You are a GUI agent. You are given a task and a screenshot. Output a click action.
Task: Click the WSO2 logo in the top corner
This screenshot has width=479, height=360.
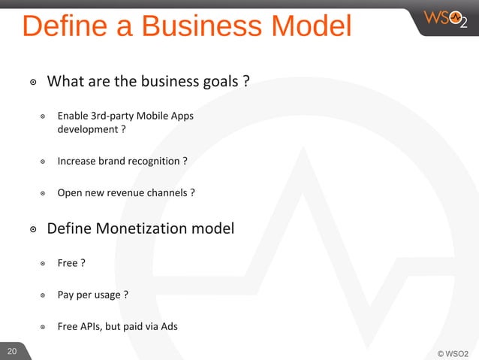[x=444, y=17]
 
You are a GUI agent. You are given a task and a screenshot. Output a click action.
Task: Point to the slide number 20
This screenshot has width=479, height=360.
[x=11, y=351]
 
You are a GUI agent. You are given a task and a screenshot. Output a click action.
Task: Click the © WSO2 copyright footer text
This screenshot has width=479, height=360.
[x=452, y=352]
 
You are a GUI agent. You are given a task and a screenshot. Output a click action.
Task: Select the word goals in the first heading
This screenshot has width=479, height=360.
[x=218, y=81]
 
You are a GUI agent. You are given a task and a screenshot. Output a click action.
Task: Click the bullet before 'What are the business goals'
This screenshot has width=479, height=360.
[x=33, y=82]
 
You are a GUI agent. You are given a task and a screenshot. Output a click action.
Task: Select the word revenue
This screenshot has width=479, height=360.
[x=125, y=192]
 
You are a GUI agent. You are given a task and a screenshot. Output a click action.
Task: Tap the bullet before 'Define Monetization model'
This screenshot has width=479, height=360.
[x=33, y=228]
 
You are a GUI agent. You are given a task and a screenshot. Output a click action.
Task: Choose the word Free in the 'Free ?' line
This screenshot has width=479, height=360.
[x=68, y=263]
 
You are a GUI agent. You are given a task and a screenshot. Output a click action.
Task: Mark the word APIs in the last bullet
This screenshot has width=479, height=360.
[x=93, y=326]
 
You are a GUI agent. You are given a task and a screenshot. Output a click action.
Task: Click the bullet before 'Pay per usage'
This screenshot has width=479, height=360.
[x=44, y=295]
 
